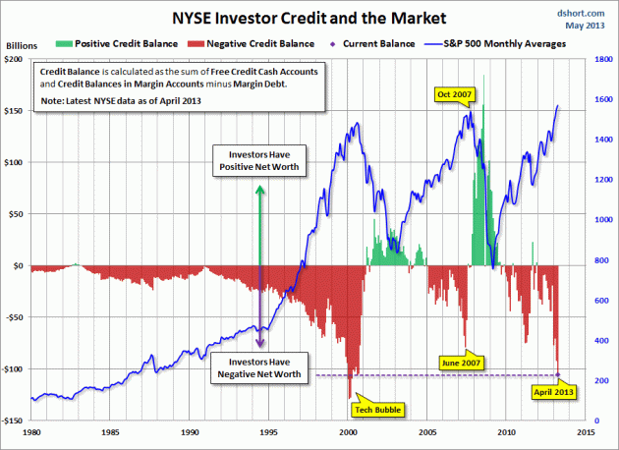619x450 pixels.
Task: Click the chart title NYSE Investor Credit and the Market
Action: click(x=309, y=17)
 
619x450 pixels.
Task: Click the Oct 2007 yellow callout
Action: click(x=454, y=94)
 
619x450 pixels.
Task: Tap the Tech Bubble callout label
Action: click(x=367, y=408)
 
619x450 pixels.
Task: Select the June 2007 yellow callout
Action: click(x=463, y=362)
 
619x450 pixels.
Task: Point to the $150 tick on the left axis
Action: click(x=17, y=111)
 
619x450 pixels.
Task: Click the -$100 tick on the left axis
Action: click(x=15, y=368)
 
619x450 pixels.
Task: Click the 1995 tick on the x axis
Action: click(x=268, y=430)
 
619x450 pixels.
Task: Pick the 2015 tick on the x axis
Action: click(x=586, y=430)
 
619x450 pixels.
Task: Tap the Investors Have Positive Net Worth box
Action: click(x=259, y=161)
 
